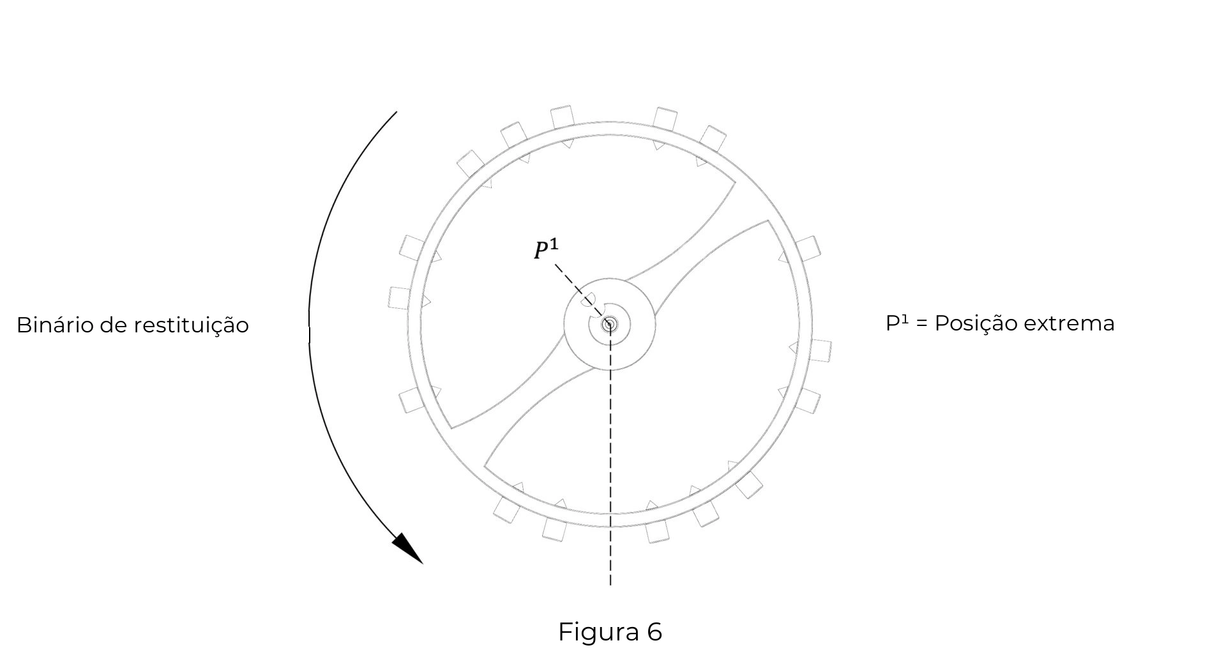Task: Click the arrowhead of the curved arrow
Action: (407, 548)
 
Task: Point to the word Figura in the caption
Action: (598, 633)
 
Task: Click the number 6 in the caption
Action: (655, 632)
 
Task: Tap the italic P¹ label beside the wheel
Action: (546, 249)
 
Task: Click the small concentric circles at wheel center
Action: (609, 325)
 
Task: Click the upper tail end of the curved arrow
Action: (397, 112)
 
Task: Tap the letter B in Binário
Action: (23, 325)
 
